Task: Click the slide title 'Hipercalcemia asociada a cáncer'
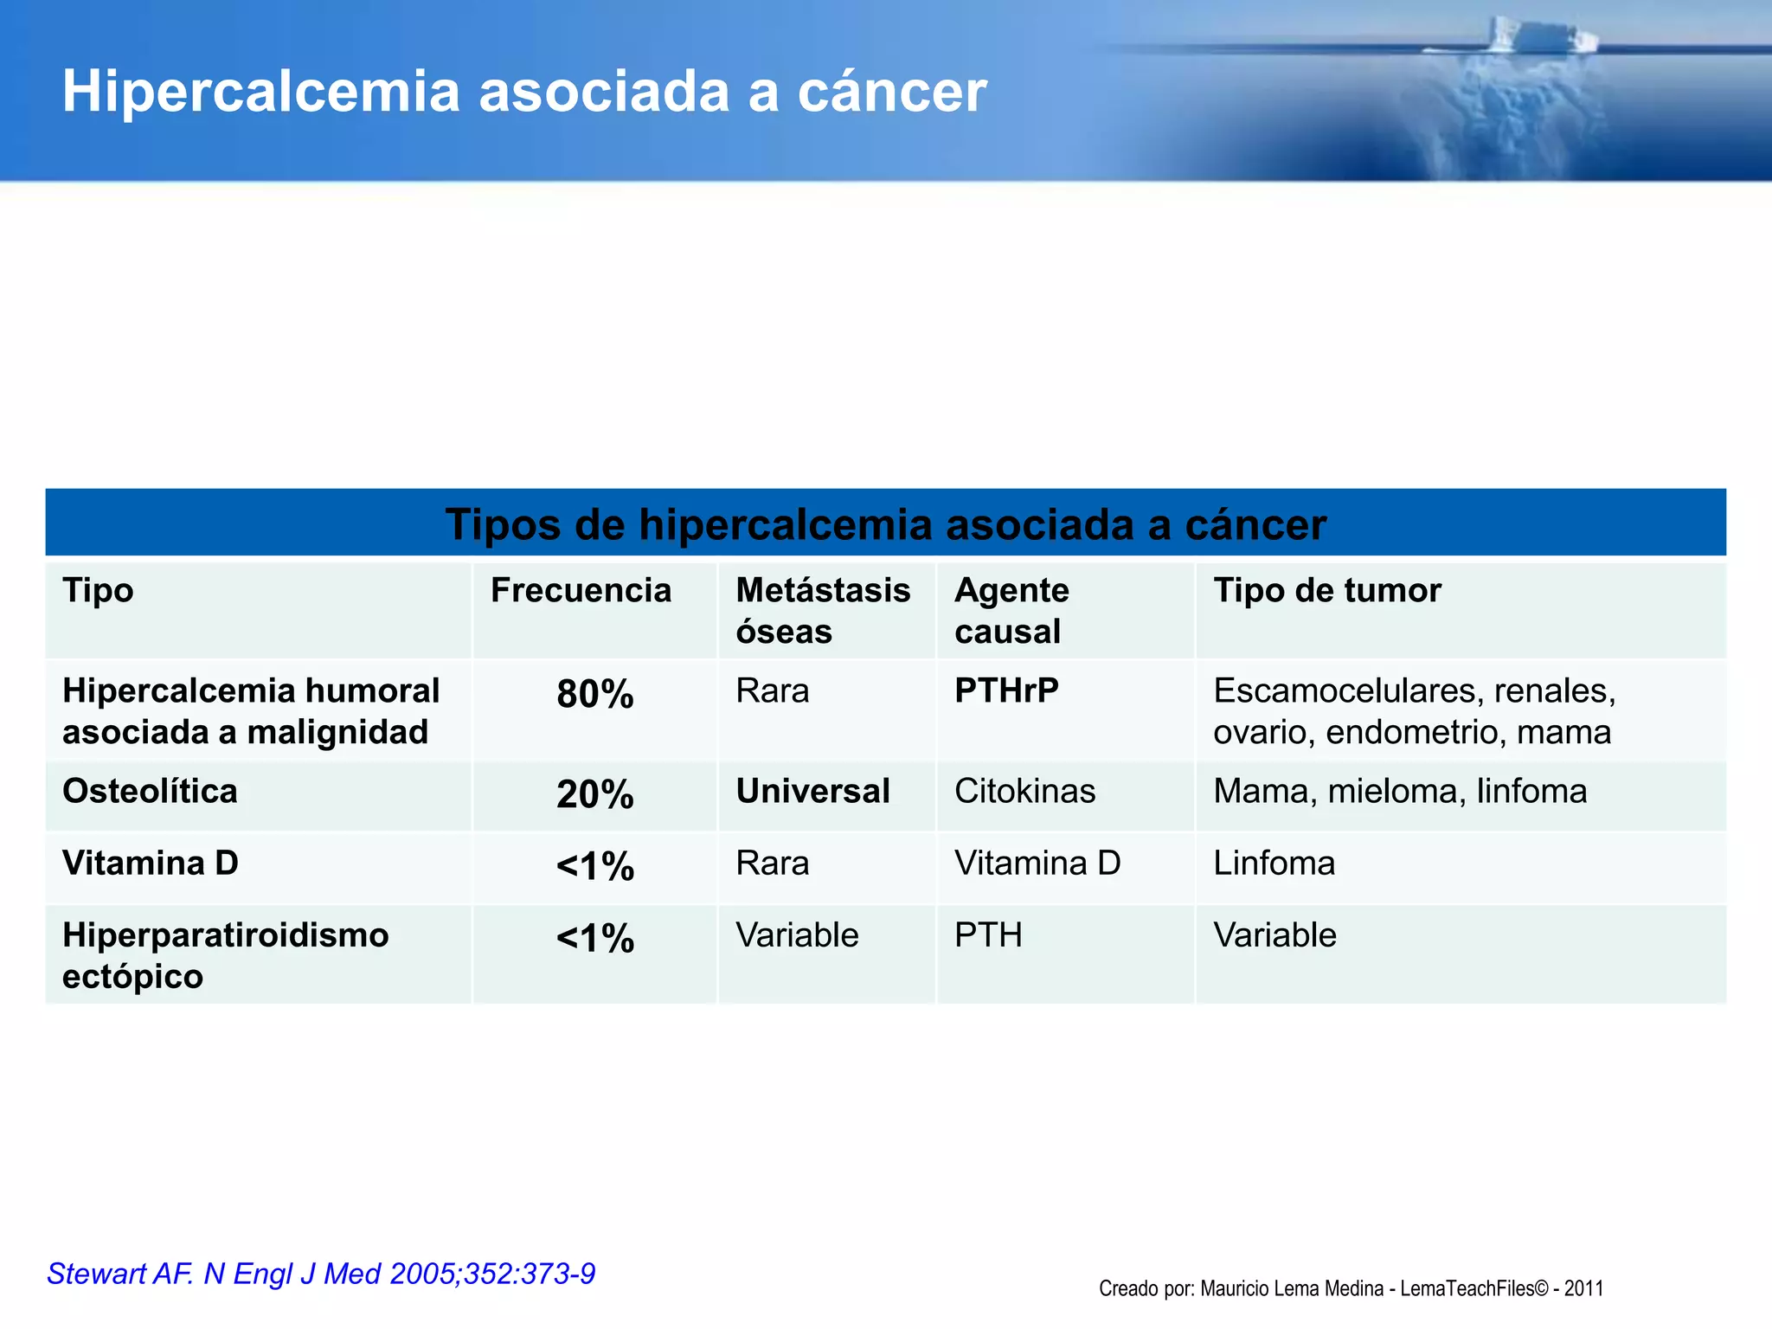point(523,92)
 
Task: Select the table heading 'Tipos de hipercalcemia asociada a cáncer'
point(885,524)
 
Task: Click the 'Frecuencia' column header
point(581,591)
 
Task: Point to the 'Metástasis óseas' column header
point(822,611)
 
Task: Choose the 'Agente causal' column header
point(1011,611)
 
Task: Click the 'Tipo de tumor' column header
point(1326,591)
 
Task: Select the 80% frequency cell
point(595,695)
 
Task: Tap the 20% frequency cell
point(595,794)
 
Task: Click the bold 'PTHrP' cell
point(1006,691)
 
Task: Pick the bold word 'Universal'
point(812,792)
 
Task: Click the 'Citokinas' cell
point(1024,792)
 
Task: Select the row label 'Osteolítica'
point(150,792)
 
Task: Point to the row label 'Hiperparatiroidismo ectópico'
point(225,955)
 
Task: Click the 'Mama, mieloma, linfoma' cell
point(1399,792)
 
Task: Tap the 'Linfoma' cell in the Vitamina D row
point(1274,864)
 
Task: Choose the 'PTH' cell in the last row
point(988,935)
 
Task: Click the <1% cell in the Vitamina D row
point(595,866)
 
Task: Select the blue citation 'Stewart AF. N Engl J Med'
point(321,1274)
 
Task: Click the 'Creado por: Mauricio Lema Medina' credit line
point(1351,1288)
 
